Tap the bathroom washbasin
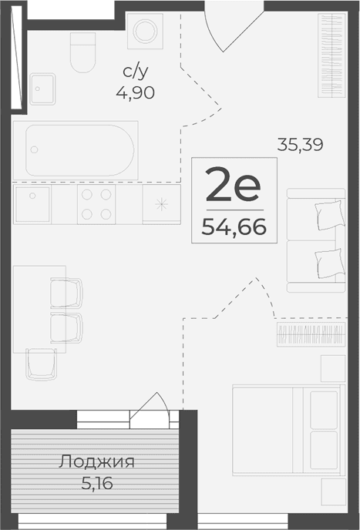click(42, 89)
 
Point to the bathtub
click(81, 149)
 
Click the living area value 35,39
click(300, 143)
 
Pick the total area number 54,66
click(233, 226)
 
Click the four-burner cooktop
click(96, 204)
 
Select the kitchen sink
click(32, 204)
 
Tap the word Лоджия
click(96, 462)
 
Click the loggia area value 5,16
click(96, 486)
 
